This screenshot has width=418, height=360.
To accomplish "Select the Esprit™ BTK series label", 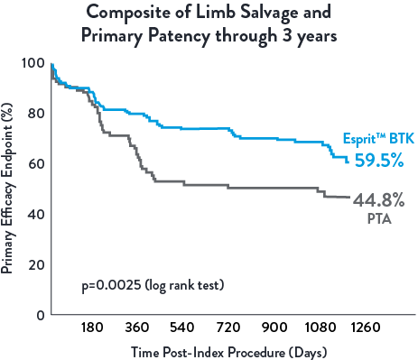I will click(376, 139).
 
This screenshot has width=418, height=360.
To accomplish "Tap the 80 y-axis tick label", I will click(36, 114).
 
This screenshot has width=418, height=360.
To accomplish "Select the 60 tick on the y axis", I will click(36, 164).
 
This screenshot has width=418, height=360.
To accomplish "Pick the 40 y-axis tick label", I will click(36, 215).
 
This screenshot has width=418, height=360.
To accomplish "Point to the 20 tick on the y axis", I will click(36, 265).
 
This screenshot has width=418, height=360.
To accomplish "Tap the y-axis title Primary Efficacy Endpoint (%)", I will click(8, 189).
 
